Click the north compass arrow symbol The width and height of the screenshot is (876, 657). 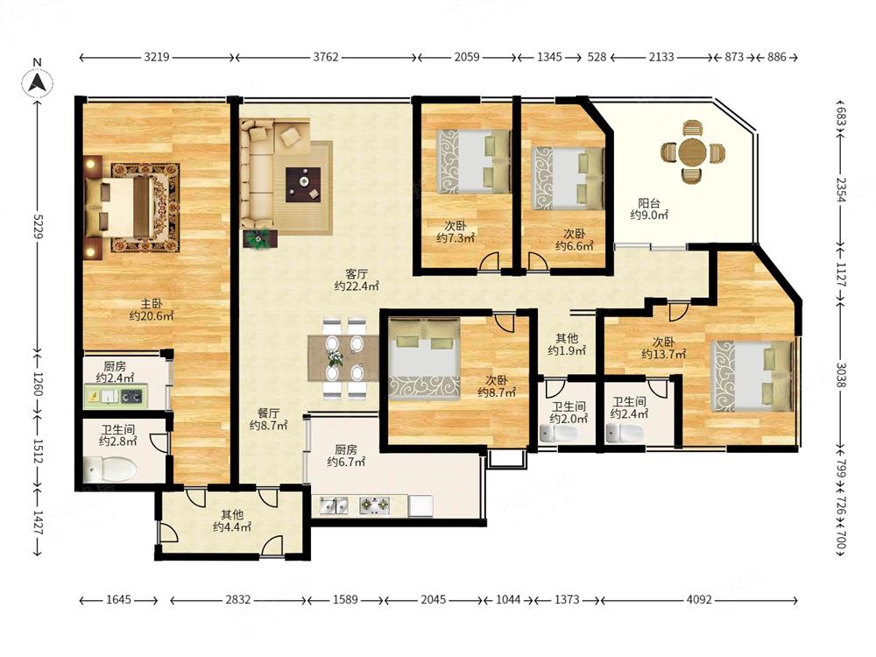(x=38, y=82)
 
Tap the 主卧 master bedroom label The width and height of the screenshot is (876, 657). (x=152, y=303)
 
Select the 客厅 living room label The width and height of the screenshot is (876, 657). (x=357, y=274)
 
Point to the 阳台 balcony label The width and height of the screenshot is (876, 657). (x=649, y=204)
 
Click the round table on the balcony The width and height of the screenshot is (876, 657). (x=693, y=152)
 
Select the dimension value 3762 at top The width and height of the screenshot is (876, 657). (x=326, y=57)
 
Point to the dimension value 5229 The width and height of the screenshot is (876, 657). (x=38, y=226)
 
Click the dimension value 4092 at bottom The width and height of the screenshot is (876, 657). (x=699, y=599)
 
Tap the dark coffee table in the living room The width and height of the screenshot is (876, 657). (x=303, y=184)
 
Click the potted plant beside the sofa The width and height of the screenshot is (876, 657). (x=259, y=238)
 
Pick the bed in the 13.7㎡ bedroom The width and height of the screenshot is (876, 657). (x=752, y=376)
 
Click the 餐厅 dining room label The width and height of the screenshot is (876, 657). (x=268, y=413)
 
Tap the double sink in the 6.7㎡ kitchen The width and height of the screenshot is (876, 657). (x=334, y=505)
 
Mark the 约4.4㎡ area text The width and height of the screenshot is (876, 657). (x=232, y=526)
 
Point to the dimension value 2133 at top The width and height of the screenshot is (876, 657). (x=661, y=57)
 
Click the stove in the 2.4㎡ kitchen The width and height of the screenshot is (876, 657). (x=132, y=397)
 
